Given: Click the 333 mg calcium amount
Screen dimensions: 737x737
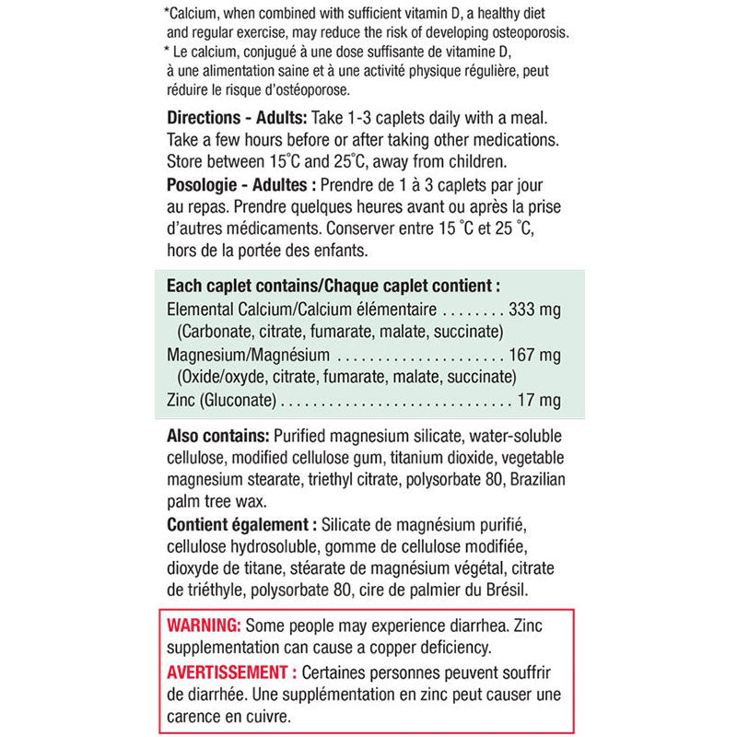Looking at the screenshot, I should [x=534, y=310].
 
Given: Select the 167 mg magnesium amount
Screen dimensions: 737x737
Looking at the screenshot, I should [x=534, y=355].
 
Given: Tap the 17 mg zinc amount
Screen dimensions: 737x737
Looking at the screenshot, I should [x=539, y=400].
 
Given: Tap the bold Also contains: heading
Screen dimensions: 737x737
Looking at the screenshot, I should [x=218, y=436].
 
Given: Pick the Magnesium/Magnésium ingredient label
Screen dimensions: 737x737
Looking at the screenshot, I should [x=248, y=355].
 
